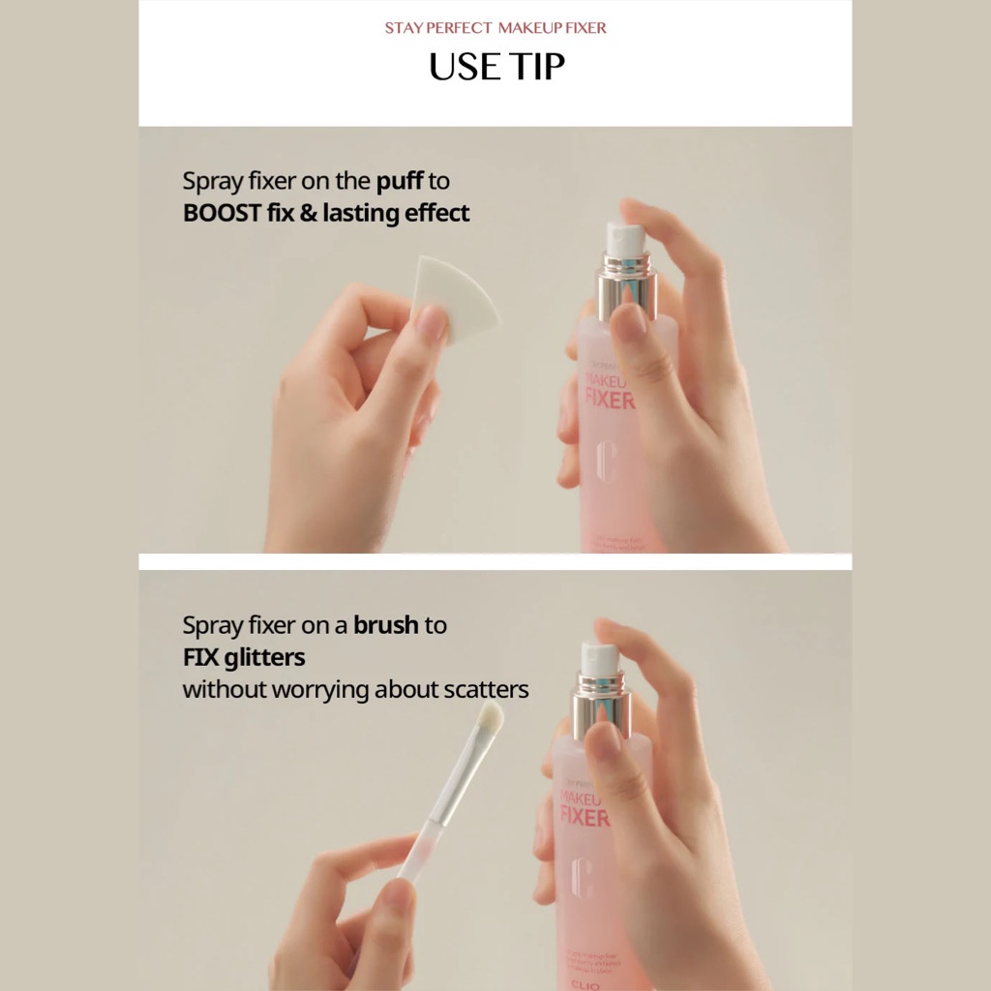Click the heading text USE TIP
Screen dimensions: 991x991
point(495,67)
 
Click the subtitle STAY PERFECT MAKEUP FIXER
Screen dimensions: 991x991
point(495,28)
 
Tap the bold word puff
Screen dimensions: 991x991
point(400,182)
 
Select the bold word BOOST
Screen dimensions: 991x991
point(222,213)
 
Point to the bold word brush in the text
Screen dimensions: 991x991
point(385,625)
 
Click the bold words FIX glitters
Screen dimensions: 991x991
point(244,658)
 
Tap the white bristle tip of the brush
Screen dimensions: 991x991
point(492,718)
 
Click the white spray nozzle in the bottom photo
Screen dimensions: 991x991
point(598,658)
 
